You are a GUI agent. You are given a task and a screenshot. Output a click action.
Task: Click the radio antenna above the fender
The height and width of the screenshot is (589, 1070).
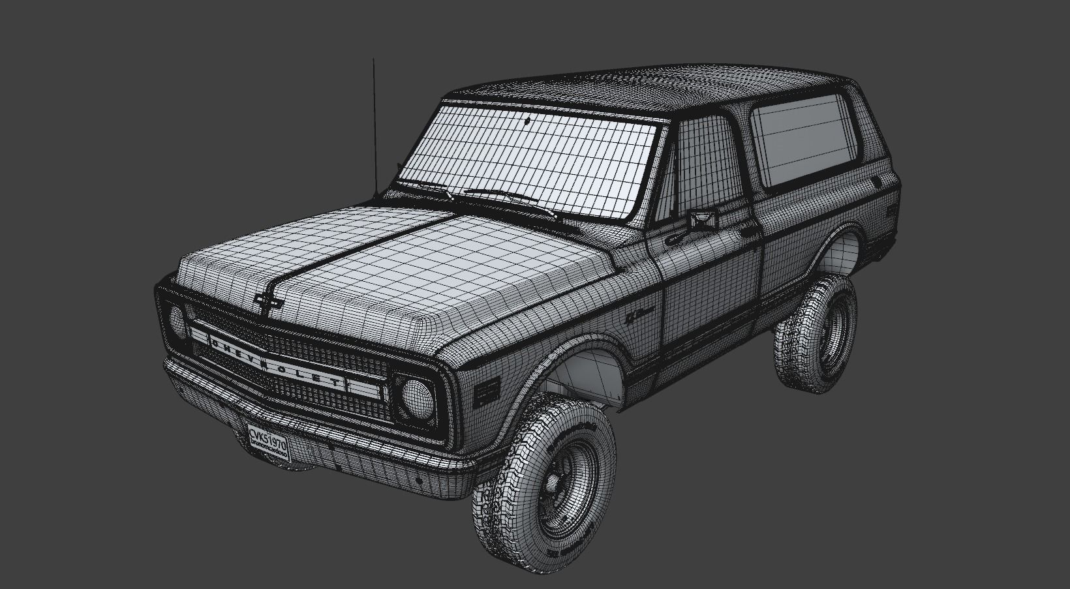[x=374, y=124]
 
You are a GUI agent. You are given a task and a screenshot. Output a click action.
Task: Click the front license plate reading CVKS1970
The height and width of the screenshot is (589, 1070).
[x=268, y=442]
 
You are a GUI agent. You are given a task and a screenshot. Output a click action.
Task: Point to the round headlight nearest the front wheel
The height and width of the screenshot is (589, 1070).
[x=418, y=399]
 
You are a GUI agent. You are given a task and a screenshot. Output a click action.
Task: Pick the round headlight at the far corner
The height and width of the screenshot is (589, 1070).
[x=177, y=322]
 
